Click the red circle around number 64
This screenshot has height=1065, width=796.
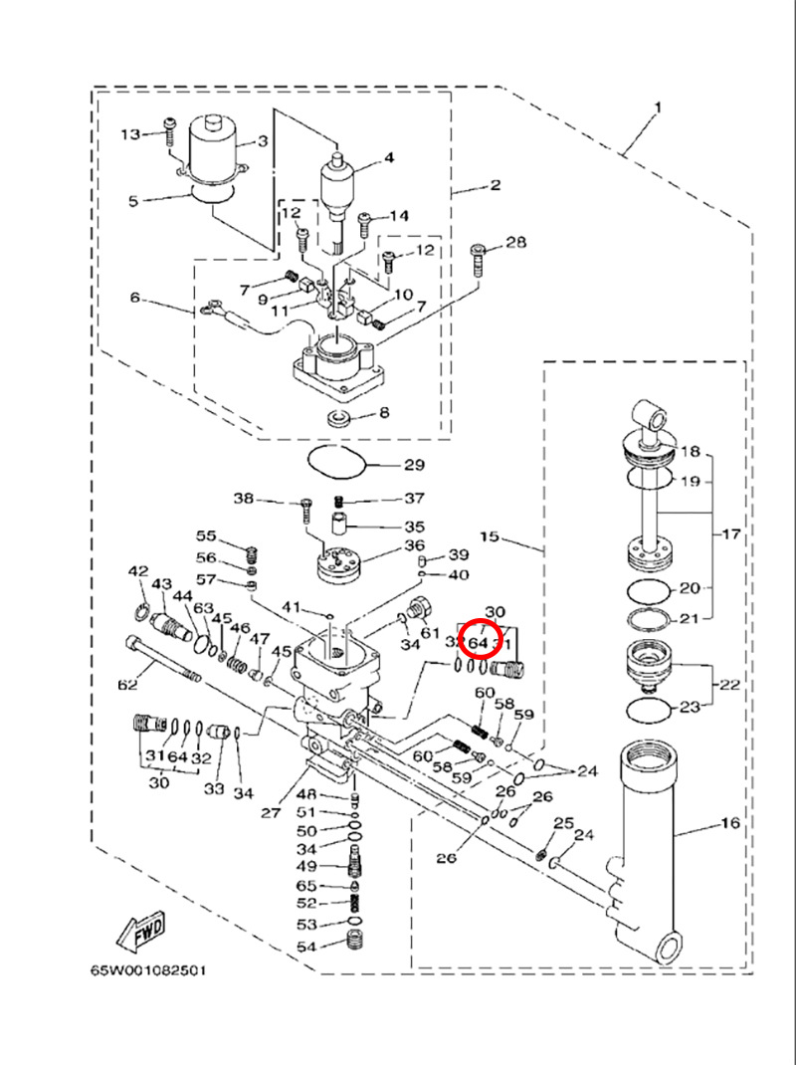pos(479,643)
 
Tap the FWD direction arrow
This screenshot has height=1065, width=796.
pos(140,930)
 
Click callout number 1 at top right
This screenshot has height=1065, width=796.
pos(658,106)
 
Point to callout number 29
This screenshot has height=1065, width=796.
pos(413,465)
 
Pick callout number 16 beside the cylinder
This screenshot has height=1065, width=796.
pos(730,824)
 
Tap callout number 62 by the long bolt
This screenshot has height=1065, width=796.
pos(127,685)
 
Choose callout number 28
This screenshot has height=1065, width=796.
pos(515,243)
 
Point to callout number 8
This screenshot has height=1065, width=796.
pos(383,412)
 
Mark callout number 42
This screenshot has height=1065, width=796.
pos(137,571)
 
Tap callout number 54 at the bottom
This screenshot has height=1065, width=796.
pos(305,946)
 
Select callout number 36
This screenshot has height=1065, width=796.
pos(414,546)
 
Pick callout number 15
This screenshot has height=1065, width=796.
pos(490,537)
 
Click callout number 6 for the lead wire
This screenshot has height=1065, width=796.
pos(136,297)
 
